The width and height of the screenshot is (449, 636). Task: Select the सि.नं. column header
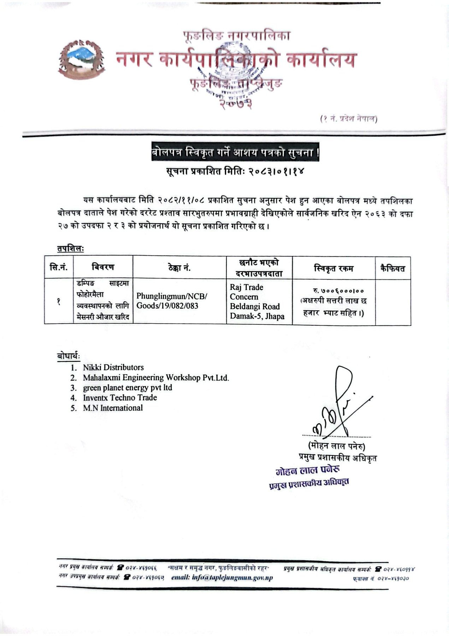59,267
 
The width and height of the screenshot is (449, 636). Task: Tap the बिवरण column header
102,267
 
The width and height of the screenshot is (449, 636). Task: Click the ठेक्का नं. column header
179,267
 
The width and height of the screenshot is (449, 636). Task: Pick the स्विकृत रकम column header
333,269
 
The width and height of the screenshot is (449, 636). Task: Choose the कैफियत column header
392,269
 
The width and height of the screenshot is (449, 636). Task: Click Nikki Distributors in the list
113,367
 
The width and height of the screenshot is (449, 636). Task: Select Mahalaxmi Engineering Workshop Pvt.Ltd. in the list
156,378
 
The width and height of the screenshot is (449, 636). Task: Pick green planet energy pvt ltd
128,388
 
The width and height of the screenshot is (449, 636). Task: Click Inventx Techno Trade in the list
120,397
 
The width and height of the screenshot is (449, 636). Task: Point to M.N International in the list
113,408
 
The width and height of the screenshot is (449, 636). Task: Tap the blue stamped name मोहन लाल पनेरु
308,470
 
